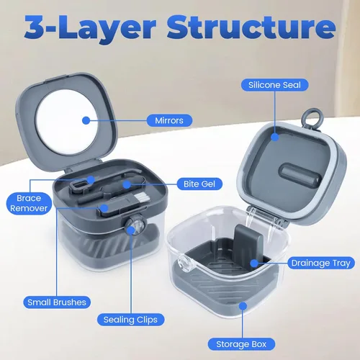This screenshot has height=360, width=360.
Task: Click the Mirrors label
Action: tap(169, 120)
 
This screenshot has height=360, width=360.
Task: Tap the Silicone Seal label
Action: tap(274, 85)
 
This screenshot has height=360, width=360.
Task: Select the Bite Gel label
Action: tap(199, 184)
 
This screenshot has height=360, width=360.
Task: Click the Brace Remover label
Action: tap(29, 203)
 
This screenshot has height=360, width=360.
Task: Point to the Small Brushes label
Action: tap(57, 302)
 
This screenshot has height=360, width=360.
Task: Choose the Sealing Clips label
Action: tap(130, 320)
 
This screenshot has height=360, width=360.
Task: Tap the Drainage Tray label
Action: tap(321, 263)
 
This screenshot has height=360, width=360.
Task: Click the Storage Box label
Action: tap(241, 344)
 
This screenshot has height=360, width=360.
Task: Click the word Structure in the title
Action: tap(251, 27)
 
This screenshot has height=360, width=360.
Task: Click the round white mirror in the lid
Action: tap(67, 122)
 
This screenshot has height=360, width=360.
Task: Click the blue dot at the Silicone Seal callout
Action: tap(275, 137)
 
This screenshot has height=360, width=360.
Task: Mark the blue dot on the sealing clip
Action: tap(131, 230)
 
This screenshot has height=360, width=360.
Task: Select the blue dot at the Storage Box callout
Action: tap(243, 306)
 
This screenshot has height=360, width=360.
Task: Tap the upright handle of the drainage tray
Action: tap(248, 243)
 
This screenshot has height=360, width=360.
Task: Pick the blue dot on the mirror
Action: tap(86, 120)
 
